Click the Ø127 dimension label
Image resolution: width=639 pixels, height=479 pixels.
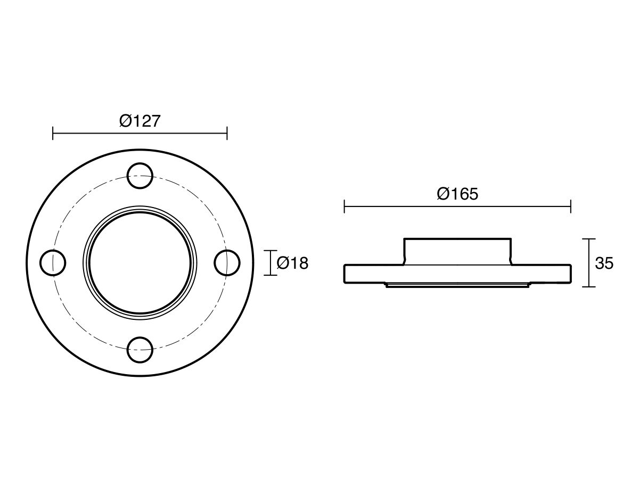pyautogui.click(x=140, y=121)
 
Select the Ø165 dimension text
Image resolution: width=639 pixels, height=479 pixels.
pyautogui.click(x=457, y=194)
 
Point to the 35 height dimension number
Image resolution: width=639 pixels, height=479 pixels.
pyautogui.click(x=604, y=263)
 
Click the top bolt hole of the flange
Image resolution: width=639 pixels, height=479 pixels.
pyautogui.click(x=140, y=175)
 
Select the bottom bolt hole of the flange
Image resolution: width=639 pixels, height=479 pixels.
pyautogui.click(x=140, y=350)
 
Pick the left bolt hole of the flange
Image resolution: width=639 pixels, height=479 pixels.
pyautogui.click(x=53, y=262)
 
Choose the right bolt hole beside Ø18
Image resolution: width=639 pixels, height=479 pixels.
pyautogui.click(x=227, y=262)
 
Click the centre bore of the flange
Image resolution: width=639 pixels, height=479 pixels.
pyautogui.click(x=140, y=262)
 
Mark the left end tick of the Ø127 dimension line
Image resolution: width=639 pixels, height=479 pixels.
pyautogui.click(x=53, y=133)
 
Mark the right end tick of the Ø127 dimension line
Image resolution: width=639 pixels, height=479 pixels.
pyautogui.click(x=227, y=133)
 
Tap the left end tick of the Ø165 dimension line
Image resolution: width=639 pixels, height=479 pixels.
pyautogui.click(x=345, y=206)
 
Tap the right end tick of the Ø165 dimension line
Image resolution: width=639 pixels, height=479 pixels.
pyautogui.click(x=571, y=206)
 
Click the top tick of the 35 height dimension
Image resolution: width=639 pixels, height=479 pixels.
pyautogui.click(x=588, y=239)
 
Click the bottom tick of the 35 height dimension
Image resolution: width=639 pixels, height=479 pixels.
pyautogui.click(x=588, y=287)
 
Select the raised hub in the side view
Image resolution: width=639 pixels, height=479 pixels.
pyautogui.click(x=457, y=250)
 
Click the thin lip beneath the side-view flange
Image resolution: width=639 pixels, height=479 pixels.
pyautogui.click(x=457, y=285)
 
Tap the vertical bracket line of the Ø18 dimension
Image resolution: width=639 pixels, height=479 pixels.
pyautogui.click(x=271, y=263)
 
